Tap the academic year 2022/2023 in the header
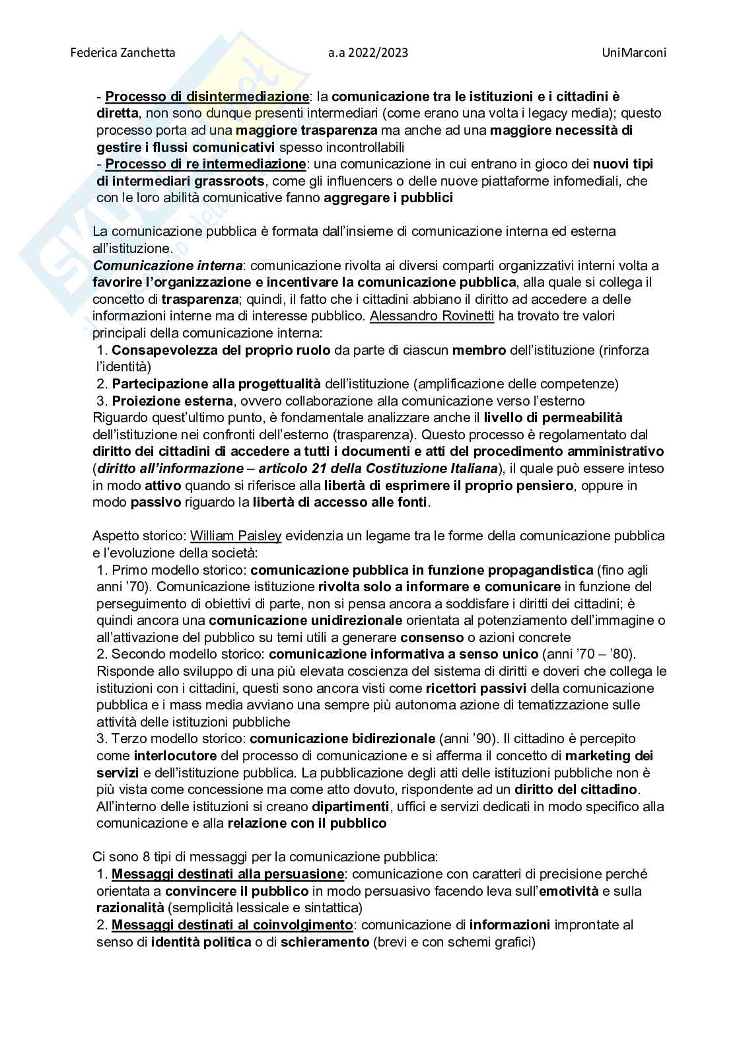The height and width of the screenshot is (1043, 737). [x=367, y=52]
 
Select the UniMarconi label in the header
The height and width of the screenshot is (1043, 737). [x=633, y=52]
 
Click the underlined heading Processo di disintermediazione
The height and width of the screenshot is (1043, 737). [x=207, y=97]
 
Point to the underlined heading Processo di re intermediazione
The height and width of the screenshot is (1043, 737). [x=205, y=163]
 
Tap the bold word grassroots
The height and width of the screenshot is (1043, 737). [x=230, y=180]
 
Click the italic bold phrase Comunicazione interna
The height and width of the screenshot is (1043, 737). [x=168, y=266]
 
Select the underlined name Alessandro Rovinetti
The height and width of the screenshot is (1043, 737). [x=432, y=316]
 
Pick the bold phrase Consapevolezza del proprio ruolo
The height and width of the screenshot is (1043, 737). [x=221, y=350]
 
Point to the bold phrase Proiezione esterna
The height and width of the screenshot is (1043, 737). [x=172, y=401]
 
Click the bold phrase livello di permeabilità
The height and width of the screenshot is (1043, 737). [x=553, y=417]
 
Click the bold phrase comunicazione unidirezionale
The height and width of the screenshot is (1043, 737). [x=306, y=620]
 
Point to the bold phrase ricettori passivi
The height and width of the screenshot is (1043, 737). [x=476, y=688]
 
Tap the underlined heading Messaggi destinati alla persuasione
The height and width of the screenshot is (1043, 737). [x=227, y=874]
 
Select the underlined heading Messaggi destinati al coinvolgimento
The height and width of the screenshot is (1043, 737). [x=232, y=925]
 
